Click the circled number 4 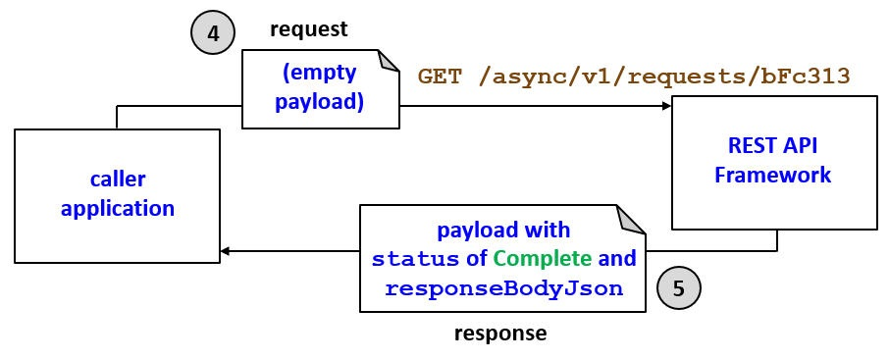(x=213, y=33)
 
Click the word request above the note (x=309, y=30)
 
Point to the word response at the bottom (x=500, y=334)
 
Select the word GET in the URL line (x=440, y=77)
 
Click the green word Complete (x=543, y=259)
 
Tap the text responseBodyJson (x=503, y=288)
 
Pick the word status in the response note (x=415, y=259)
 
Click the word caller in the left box (x=118, y=179)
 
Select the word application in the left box (x=118, y=208)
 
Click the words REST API (x=773, y=146)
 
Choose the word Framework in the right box (x=773, y=176)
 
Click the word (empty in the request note (x=319, y=73)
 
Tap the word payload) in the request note (x=319, y=101)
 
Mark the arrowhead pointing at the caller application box (x=226, y=252)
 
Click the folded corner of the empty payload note (x=390, y=61)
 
